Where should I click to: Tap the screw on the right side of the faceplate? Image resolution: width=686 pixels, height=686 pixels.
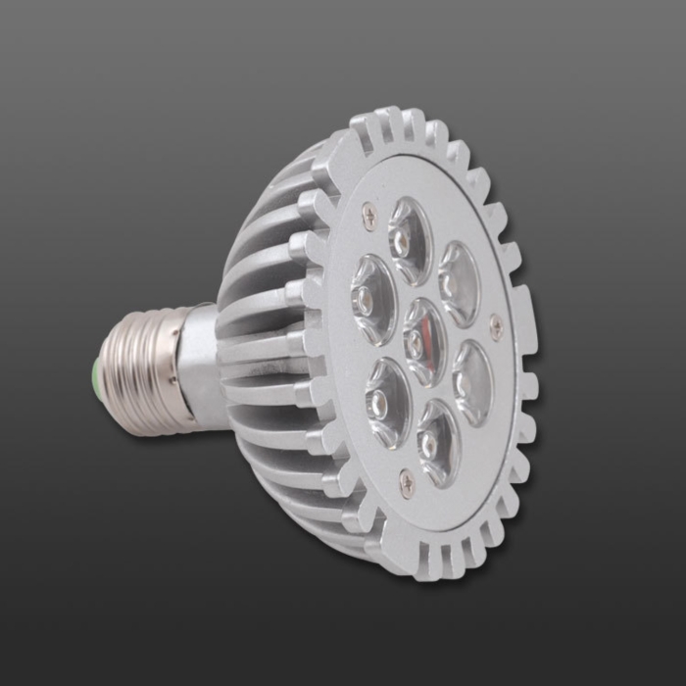point(497,327)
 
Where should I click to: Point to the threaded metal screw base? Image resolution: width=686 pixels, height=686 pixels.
point(138,372)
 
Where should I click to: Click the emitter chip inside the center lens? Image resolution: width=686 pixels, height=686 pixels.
point(416,343)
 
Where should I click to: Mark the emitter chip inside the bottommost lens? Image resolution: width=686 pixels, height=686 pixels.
point(429,446)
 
